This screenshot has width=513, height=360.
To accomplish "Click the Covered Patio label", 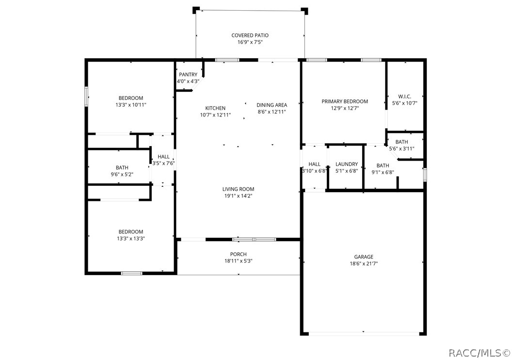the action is click(x=250, y=35).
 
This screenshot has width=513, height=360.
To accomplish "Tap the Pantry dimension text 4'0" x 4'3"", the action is click(x=188, y=81).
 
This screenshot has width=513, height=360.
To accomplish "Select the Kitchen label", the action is click(x=215, y=108).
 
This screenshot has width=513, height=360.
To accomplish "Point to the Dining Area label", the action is click(x=272, y=105).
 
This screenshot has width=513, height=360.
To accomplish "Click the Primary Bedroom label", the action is click(x=345, y=101).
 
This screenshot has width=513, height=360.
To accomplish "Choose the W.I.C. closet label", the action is click(x=405, y=97).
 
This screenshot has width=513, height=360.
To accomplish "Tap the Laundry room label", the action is click(x=347, y=164).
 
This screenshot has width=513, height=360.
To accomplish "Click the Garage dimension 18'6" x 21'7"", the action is click(x=364, y=264).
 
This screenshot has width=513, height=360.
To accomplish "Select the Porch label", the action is click(x=239, y=254).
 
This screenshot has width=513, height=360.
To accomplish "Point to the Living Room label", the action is click(x=238, y=189).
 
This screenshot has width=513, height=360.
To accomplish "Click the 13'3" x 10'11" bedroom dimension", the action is click(x=131, y=105).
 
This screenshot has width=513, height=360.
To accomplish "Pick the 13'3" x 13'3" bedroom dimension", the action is click(x=131, y=239).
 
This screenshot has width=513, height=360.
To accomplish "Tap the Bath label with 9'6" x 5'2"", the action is click(x=122, y=168).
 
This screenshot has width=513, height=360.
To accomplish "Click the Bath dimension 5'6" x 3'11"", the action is click(x=402, y=148).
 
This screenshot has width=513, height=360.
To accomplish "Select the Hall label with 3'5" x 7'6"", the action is click(x=163, y=157).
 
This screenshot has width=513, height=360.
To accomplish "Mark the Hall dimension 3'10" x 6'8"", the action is click(x=314, y=171).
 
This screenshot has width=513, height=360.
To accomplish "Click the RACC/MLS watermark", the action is click(x=480, y=353).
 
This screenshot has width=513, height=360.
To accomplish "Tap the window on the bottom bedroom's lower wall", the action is click(x=131, y=273).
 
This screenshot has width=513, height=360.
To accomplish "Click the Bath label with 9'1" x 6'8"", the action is click(x=383, y=165).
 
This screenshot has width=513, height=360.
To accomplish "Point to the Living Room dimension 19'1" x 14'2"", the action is click(x=238, y=196).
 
